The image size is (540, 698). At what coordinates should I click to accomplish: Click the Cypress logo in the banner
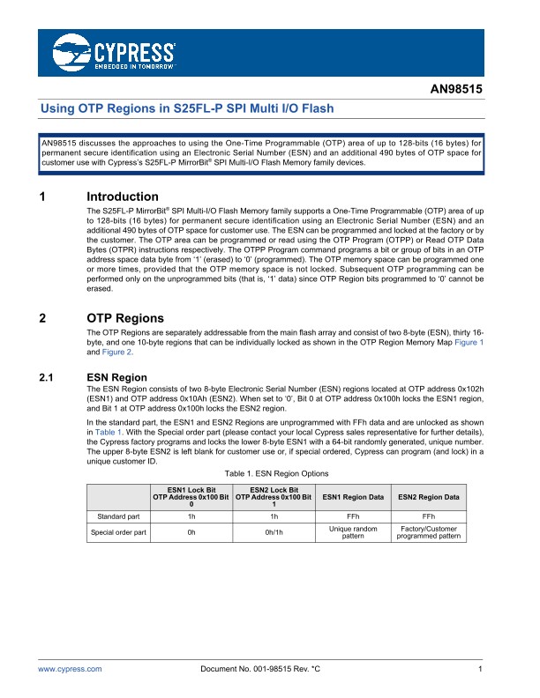pyautogui.click(x=114, y=53)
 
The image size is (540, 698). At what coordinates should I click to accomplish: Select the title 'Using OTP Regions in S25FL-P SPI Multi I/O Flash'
pyautogui.click(x=189, y=108)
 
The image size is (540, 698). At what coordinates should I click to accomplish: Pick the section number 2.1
pyautogui.click(x=49, y=377)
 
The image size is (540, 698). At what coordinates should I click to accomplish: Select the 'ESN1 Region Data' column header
pyautogui.click(x=352, y=497)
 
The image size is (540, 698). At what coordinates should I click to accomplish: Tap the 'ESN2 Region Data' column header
pyautogui.click(x=428, y=497)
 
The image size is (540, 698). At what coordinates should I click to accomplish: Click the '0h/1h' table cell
pyautogui.click(x=275, y=532)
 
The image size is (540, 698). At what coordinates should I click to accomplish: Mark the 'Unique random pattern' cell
pyautogui.click(x=352, y=532)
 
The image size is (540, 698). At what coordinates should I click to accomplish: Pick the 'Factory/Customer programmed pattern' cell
pyautogui.click(x=428, y=532)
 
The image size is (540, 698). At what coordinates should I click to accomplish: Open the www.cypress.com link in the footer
pyautogui.click(x=70, y=670)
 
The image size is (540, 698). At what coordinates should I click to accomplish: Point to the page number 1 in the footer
pyautogui.click(x=479, y=670)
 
